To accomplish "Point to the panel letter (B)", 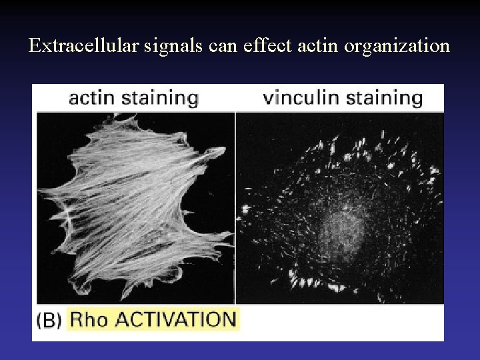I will click(x=49, y=320).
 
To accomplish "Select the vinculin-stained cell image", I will click(x=340, y=207).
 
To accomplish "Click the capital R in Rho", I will click(x=77, y=319).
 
